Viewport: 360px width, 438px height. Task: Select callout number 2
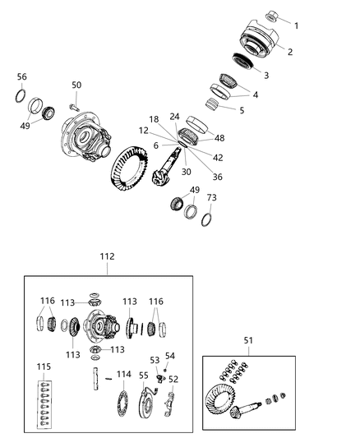tap(290, 51)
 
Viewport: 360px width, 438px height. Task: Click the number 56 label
tap(22, 76)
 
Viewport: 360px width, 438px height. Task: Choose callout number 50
tap(76, 85)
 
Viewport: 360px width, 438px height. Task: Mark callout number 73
tap(211, 198)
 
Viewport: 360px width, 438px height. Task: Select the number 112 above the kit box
tap(108, 256)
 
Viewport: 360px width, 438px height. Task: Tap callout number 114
tap(123, 374)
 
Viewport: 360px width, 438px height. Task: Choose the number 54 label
tap(170, 356)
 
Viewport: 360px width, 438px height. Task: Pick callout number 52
tap(173, 379)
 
